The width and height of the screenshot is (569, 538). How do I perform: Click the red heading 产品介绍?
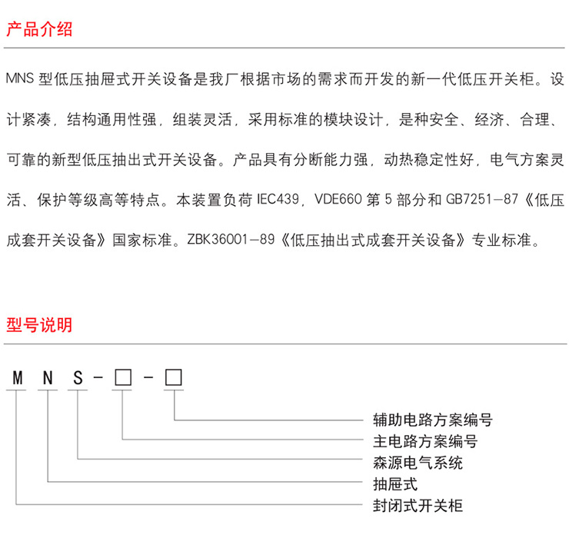(39, 30)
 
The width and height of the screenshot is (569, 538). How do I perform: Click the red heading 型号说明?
(39, 324)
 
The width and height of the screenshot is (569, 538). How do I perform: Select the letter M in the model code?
(16, 378)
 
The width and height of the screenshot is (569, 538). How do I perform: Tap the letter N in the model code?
(47, 378)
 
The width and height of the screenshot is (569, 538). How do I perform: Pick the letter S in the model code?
(78, 378)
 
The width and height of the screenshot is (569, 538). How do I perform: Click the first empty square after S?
(121, 378)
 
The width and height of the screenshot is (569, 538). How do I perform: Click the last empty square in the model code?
(174, 378)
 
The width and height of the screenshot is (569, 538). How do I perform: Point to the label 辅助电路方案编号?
(428, 420)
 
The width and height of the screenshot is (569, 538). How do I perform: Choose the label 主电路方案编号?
(420, 441)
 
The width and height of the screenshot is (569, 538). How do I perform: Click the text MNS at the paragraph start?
(20, 79)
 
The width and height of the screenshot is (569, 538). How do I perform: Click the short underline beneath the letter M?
(16, 390)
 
